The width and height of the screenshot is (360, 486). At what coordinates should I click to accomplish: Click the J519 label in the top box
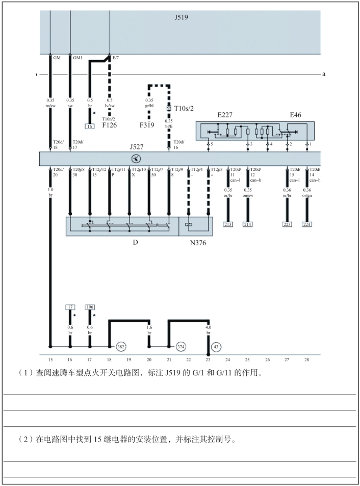pyautogui.click(x=181, y=17)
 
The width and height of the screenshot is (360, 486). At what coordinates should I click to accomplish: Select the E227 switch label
pyautogui.click(x=225, y=116)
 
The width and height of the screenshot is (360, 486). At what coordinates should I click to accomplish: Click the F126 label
pyautogui.click(x=110, y=124)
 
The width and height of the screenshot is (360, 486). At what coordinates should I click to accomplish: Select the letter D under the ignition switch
pyautogui.click(x=135, y=243)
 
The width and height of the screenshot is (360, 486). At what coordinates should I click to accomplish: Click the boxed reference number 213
pyautogui.click(x=228, y=224)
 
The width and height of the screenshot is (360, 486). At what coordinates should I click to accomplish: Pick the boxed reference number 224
pyautogui.click(x=307, y=224)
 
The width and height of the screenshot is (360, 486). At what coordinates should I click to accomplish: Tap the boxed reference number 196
pyautogui.click(x=90, y=307)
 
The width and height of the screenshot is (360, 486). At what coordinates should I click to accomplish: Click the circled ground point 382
pyautogui.click(x=121, y=346)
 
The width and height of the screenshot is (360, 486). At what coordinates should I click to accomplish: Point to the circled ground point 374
pyautogui.click(x=180, y=346)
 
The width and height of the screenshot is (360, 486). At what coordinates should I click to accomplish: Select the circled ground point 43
pyautogui.click(x=216, y=346)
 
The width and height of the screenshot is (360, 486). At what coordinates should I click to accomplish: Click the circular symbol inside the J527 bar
pyautogui.click(x=137, y=158)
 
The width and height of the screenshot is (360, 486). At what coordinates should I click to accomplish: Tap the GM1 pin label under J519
pyautogui.click(x=78, y=58)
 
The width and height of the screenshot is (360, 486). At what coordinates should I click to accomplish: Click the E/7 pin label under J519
pyautogui.click(x=116, y=58)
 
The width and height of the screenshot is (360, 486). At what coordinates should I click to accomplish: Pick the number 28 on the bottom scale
pyautogui.click(x=306, y=360)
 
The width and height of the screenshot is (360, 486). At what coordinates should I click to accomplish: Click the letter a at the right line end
pyautogui.click(x=324, y=74)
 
